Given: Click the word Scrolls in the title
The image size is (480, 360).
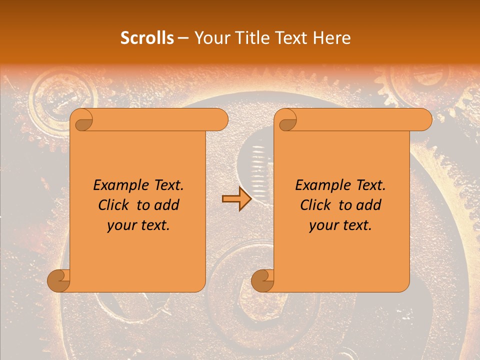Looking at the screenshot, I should (x=147, y=38).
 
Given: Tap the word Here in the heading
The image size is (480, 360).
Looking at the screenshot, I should (x=332, y=38).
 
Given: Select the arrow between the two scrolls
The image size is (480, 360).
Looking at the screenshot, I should (x=236, y=199).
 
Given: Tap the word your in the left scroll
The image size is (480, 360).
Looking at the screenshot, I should (x=120, y=225).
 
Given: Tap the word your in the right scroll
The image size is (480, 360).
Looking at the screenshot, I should (x=322, y=225).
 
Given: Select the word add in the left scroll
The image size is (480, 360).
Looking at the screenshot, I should (x=167, y=205).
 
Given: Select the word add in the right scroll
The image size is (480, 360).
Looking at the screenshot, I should (x=369, y=205).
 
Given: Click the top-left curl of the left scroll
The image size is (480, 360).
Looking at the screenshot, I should (x=81, y=120).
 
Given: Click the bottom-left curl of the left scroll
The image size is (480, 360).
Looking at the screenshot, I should (x=58, y=280).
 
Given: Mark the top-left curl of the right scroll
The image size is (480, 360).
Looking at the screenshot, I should (x=285, y=120).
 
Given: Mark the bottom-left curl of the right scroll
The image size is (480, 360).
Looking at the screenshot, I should (x=262, y=280).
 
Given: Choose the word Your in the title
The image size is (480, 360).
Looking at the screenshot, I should (x=210, y=38).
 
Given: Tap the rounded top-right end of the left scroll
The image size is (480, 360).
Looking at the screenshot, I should (x=220, y=120).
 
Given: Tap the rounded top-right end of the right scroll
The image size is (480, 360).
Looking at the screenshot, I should (x=424, y=120).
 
